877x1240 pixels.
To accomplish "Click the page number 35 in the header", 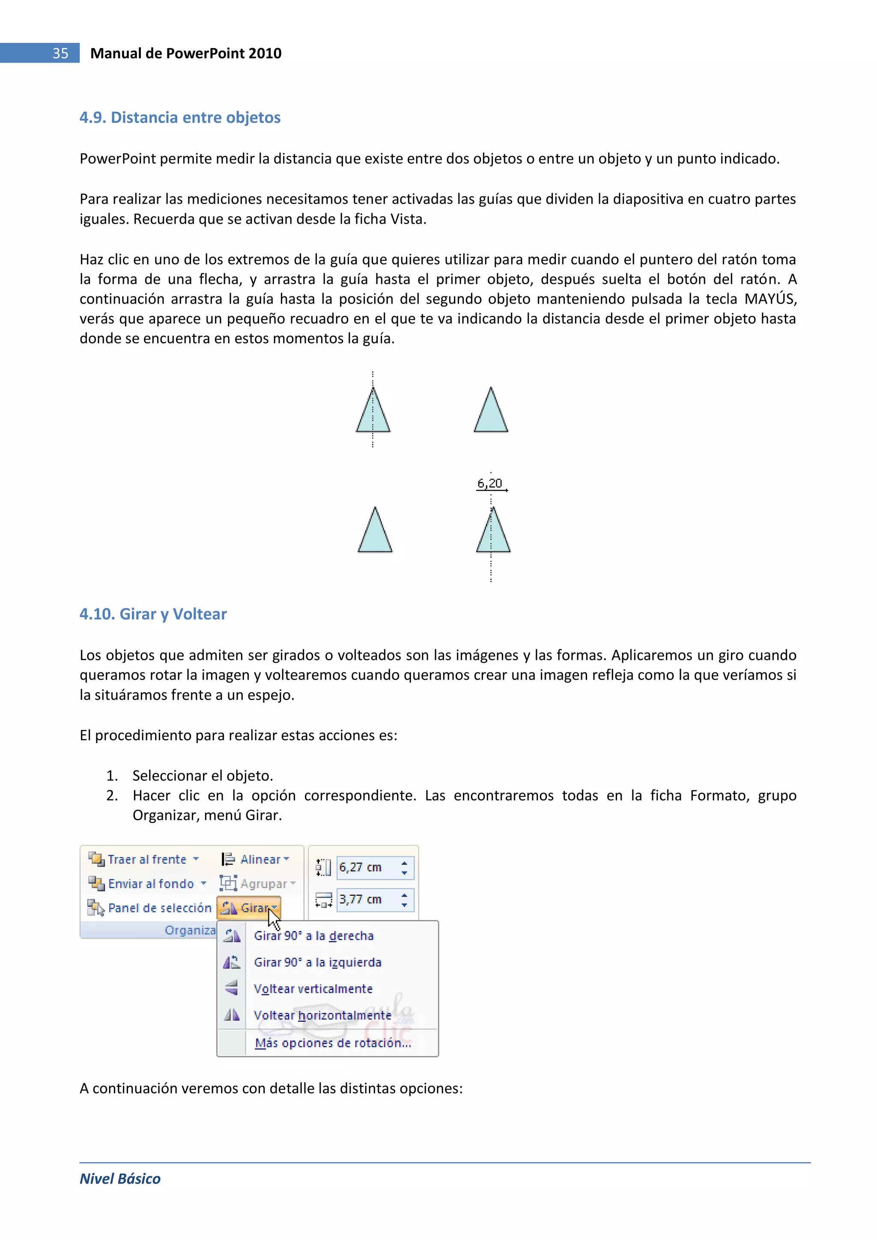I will pyautogui.click(x=60, y=53).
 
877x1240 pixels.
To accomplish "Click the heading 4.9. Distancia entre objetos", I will pyautogui.click(x=180, y=117).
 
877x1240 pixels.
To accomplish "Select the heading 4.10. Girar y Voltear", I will pyautogui.click(x=153, y=614).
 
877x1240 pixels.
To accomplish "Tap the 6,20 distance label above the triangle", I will pyautogui.click(x=490, y=483).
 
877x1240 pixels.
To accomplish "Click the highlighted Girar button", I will pyautogui.click(x=250, y=908).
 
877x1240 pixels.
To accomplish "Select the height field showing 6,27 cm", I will pyautogui.click(x=367, y=867).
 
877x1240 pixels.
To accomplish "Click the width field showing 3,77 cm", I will pyautogui.click(x=367, y=899).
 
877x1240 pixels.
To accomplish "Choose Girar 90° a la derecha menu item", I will pyautogui.click(x=313, y=936).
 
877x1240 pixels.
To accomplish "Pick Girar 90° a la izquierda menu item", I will pyautogui.click(x=318, y=962).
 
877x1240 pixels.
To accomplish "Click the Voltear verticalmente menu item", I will pyautogui.click(x=313, y=989).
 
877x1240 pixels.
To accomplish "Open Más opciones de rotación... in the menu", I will pyautogui.click(x=333, y=1043).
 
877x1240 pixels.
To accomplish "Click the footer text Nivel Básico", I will pyautogui.click(x=120, y=1179).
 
